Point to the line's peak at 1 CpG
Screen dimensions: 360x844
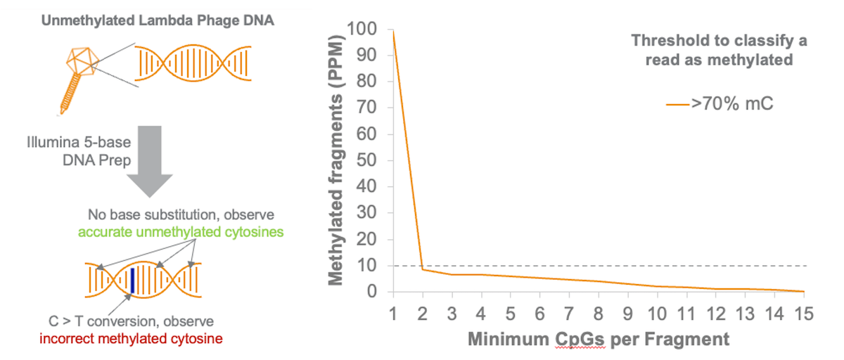(392, 31)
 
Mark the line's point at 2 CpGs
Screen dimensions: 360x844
(421, 269)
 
